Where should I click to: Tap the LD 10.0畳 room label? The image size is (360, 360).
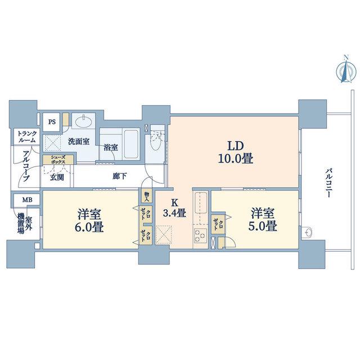tap(236, 152)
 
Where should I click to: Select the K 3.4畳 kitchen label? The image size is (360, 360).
tap(174, 209)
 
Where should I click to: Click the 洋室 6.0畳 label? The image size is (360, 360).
tap(89, 220)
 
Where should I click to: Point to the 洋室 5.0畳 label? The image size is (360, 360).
tap(263, 219)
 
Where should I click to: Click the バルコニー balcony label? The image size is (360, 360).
tap(328, 183)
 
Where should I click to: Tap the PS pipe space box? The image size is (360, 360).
tap(52, 121)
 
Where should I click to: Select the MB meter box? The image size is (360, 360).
tap(28, 200)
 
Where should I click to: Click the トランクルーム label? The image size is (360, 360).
tap(27, 137)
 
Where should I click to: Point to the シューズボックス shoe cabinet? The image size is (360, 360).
tap(58, 159)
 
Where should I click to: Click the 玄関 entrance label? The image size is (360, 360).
tap(57, 177)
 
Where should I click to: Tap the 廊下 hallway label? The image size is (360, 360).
tap(120, 176)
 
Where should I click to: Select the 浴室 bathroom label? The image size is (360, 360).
tap(111, 147)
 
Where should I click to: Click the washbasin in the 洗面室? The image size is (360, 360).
tap(84, 121)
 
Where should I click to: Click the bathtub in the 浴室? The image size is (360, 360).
tap(131, 144)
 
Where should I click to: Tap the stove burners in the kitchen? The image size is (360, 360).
tap(200, 235)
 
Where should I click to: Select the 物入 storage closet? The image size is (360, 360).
tap(147, 196)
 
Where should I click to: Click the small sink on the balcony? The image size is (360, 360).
tap(308, 232)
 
